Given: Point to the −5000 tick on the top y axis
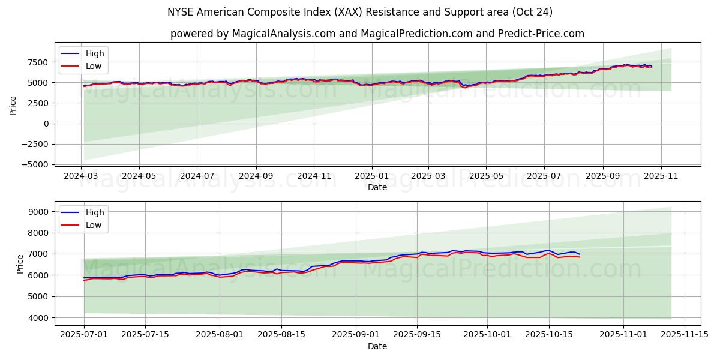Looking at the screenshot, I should coord(35,164).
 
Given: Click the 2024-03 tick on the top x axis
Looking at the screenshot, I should coord(82,177).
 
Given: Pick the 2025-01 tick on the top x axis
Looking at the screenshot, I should coord(371,177).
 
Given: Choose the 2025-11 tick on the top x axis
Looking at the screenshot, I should coord(661,177).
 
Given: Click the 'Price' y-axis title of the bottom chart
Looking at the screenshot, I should coord(20,264).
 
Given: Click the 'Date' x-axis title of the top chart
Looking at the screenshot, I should coord(377,187).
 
